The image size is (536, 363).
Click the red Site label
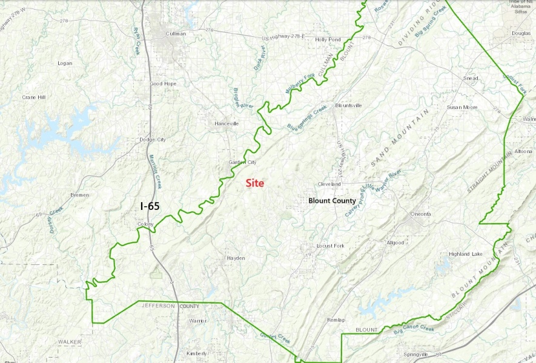point(254,183)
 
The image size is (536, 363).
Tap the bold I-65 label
point(150,206)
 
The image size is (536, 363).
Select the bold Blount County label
point(332,200)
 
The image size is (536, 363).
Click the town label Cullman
point(176,34)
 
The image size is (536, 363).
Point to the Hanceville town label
point(227,123)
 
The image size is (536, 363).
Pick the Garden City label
point(242,162)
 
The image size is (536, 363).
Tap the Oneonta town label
point(420,214)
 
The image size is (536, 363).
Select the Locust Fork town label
point(330,246)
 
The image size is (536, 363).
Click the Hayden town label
point(236,258)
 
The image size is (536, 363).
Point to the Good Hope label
point(162,83)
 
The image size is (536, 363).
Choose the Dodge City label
point(152,140)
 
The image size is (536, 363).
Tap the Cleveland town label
point(329,184)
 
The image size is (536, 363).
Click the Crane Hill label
point(33,97)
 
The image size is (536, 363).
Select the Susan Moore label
point(462,107)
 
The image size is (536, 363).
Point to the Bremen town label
point(79,195)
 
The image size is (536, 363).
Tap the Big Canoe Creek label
point(414,329)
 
